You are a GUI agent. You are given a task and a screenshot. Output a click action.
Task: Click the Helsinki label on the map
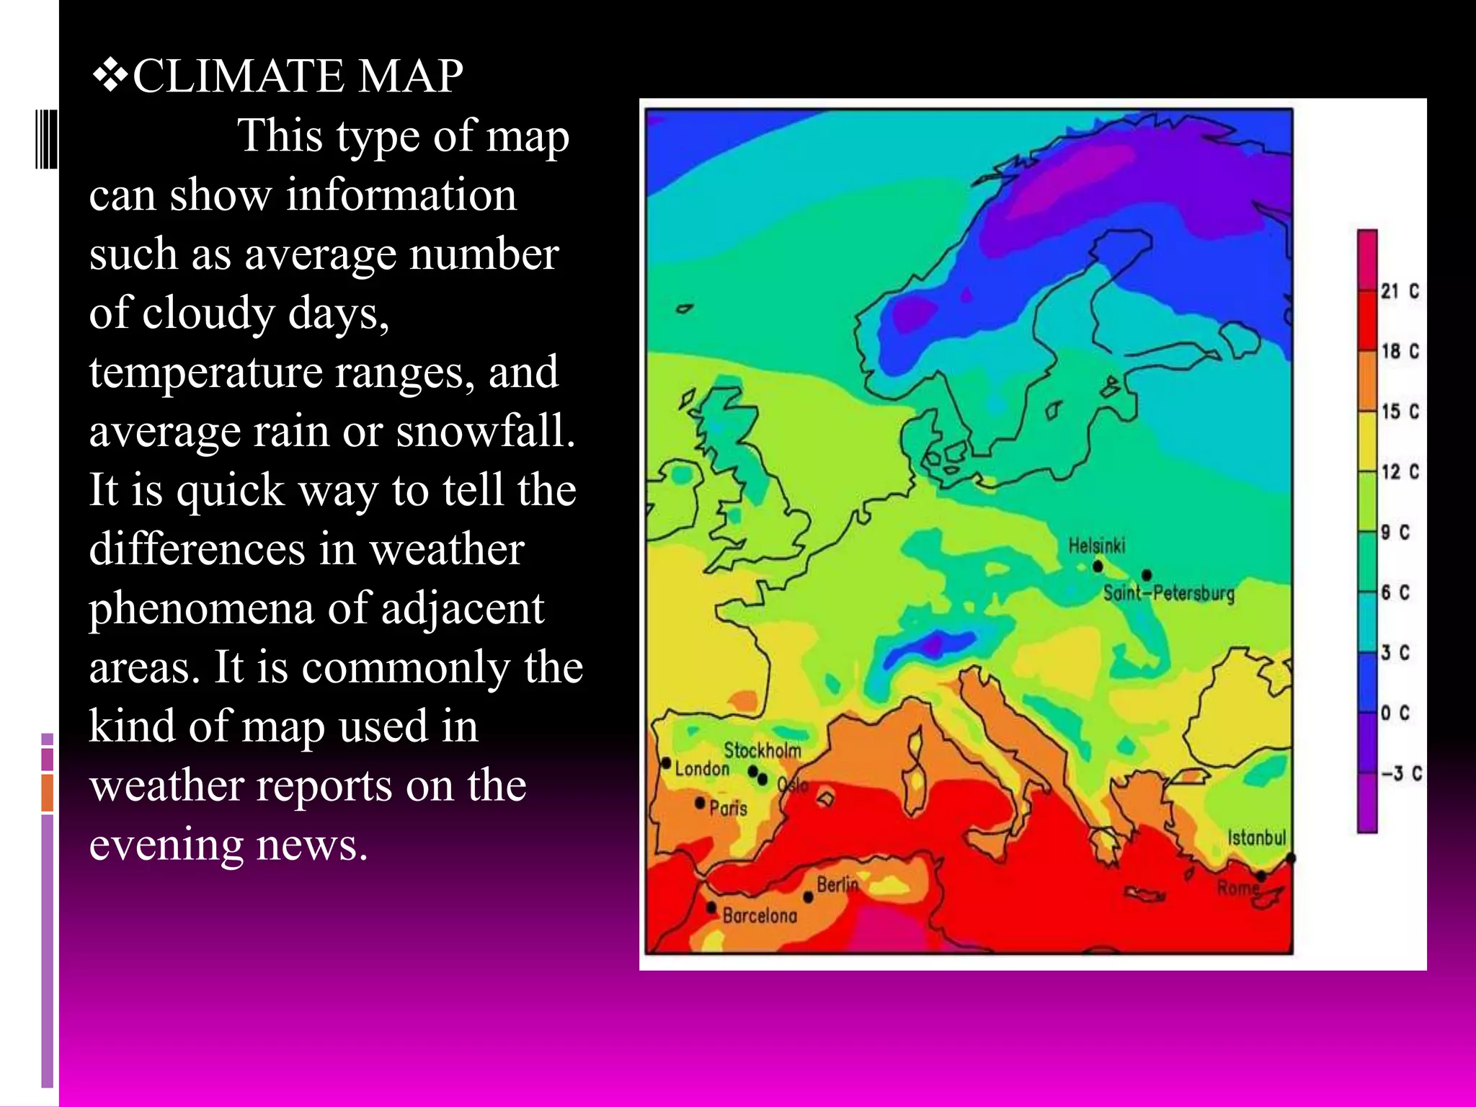point(1096,546)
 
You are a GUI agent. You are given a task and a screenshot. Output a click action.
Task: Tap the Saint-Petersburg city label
point(1168,593)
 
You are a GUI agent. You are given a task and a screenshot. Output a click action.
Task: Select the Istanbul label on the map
point(1256,837)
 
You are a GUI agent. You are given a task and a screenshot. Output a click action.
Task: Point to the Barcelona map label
point(760,915)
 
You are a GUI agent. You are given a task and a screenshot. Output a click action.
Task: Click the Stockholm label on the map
point(762,750)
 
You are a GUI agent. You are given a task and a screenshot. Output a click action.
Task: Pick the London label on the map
point(702,769)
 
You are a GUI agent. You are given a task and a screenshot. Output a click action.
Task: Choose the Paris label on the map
point(728,808)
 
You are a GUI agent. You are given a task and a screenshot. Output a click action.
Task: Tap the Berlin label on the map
point(837,884)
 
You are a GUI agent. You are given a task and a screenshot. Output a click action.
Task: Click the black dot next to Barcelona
point(711,907)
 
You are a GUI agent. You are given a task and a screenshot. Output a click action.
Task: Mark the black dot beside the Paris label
point(700,802)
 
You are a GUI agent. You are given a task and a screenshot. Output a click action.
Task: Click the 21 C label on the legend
point(1400,291)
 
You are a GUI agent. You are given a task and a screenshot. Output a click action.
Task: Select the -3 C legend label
point(1401,773)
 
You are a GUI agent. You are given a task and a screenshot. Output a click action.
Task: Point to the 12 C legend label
point(1400,472)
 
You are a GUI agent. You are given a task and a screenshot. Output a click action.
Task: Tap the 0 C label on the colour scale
point(1395,713)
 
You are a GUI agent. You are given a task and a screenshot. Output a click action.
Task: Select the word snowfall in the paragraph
point(485,430)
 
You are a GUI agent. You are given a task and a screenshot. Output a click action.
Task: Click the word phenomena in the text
point(202,608)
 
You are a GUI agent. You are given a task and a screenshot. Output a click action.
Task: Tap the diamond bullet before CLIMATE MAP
point(110,76)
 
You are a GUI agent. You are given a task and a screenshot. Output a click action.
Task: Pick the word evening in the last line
point(164,844)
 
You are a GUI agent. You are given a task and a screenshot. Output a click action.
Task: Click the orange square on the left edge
point(48,793)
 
